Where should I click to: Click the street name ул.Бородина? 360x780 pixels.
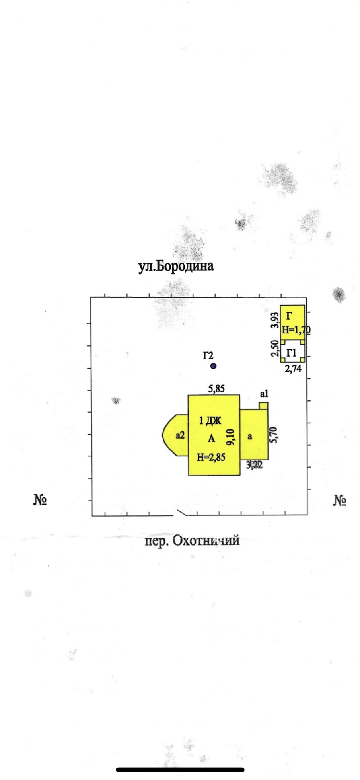tap(176, 266)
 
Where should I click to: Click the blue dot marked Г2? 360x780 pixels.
tap(214, 366)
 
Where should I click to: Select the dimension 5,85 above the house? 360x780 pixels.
tap(216, 389)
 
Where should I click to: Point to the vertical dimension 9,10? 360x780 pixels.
tap(231, 437)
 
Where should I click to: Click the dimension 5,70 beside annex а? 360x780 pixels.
tap(273, 435)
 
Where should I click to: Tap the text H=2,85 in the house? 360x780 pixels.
tap(211, 457)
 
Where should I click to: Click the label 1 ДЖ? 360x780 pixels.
tap(210, 420)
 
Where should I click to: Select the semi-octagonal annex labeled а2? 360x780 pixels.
tap(176, 435)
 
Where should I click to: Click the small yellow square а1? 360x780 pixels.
tap(263, 406)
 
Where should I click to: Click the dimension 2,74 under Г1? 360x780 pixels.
tap(293, 369)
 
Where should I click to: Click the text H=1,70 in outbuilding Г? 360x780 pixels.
tap(296, 330)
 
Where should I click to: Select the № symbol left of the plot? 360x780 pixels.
tap(40, 500)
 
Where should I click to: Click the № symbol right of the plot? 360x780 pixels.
tap(339, 500)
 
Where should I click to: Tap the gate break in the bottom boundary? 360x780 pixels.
tap(180, 513)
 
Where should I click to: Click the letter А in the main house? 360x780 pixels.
tap(211, 439)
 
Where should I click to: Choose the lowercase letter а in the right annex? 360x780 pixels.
tap(250, 437)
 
